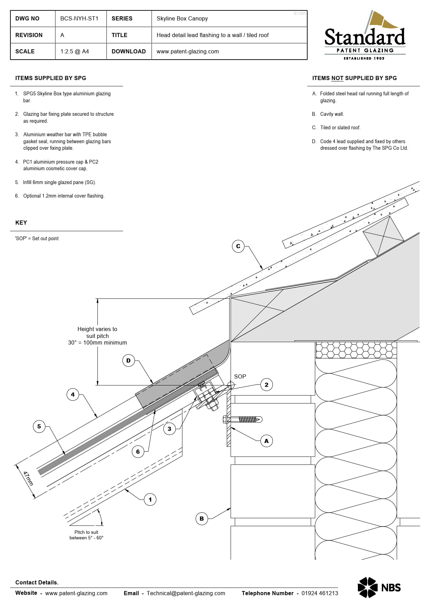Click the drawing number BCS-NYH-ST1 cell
79,19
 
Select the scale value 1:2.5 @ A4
75,52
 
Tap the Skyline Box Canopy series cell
182,19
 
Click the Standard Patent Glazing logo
365,36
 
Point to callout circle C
238,246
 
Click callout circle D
128,361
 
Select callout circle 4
72,394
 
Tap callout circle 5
39,426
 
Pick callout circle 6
138,452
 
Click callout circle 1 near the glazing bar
150,500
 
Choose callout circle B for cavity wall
201,519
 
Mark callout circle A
266,441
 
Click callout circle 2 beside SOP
266,385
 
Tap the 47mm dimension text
28,478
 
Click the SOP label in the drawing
240,376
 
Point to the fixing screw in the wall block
243,419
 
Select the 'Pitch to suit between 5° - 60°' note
86,535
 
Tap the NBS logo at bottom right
379,588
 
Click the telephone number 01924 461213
319,593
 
